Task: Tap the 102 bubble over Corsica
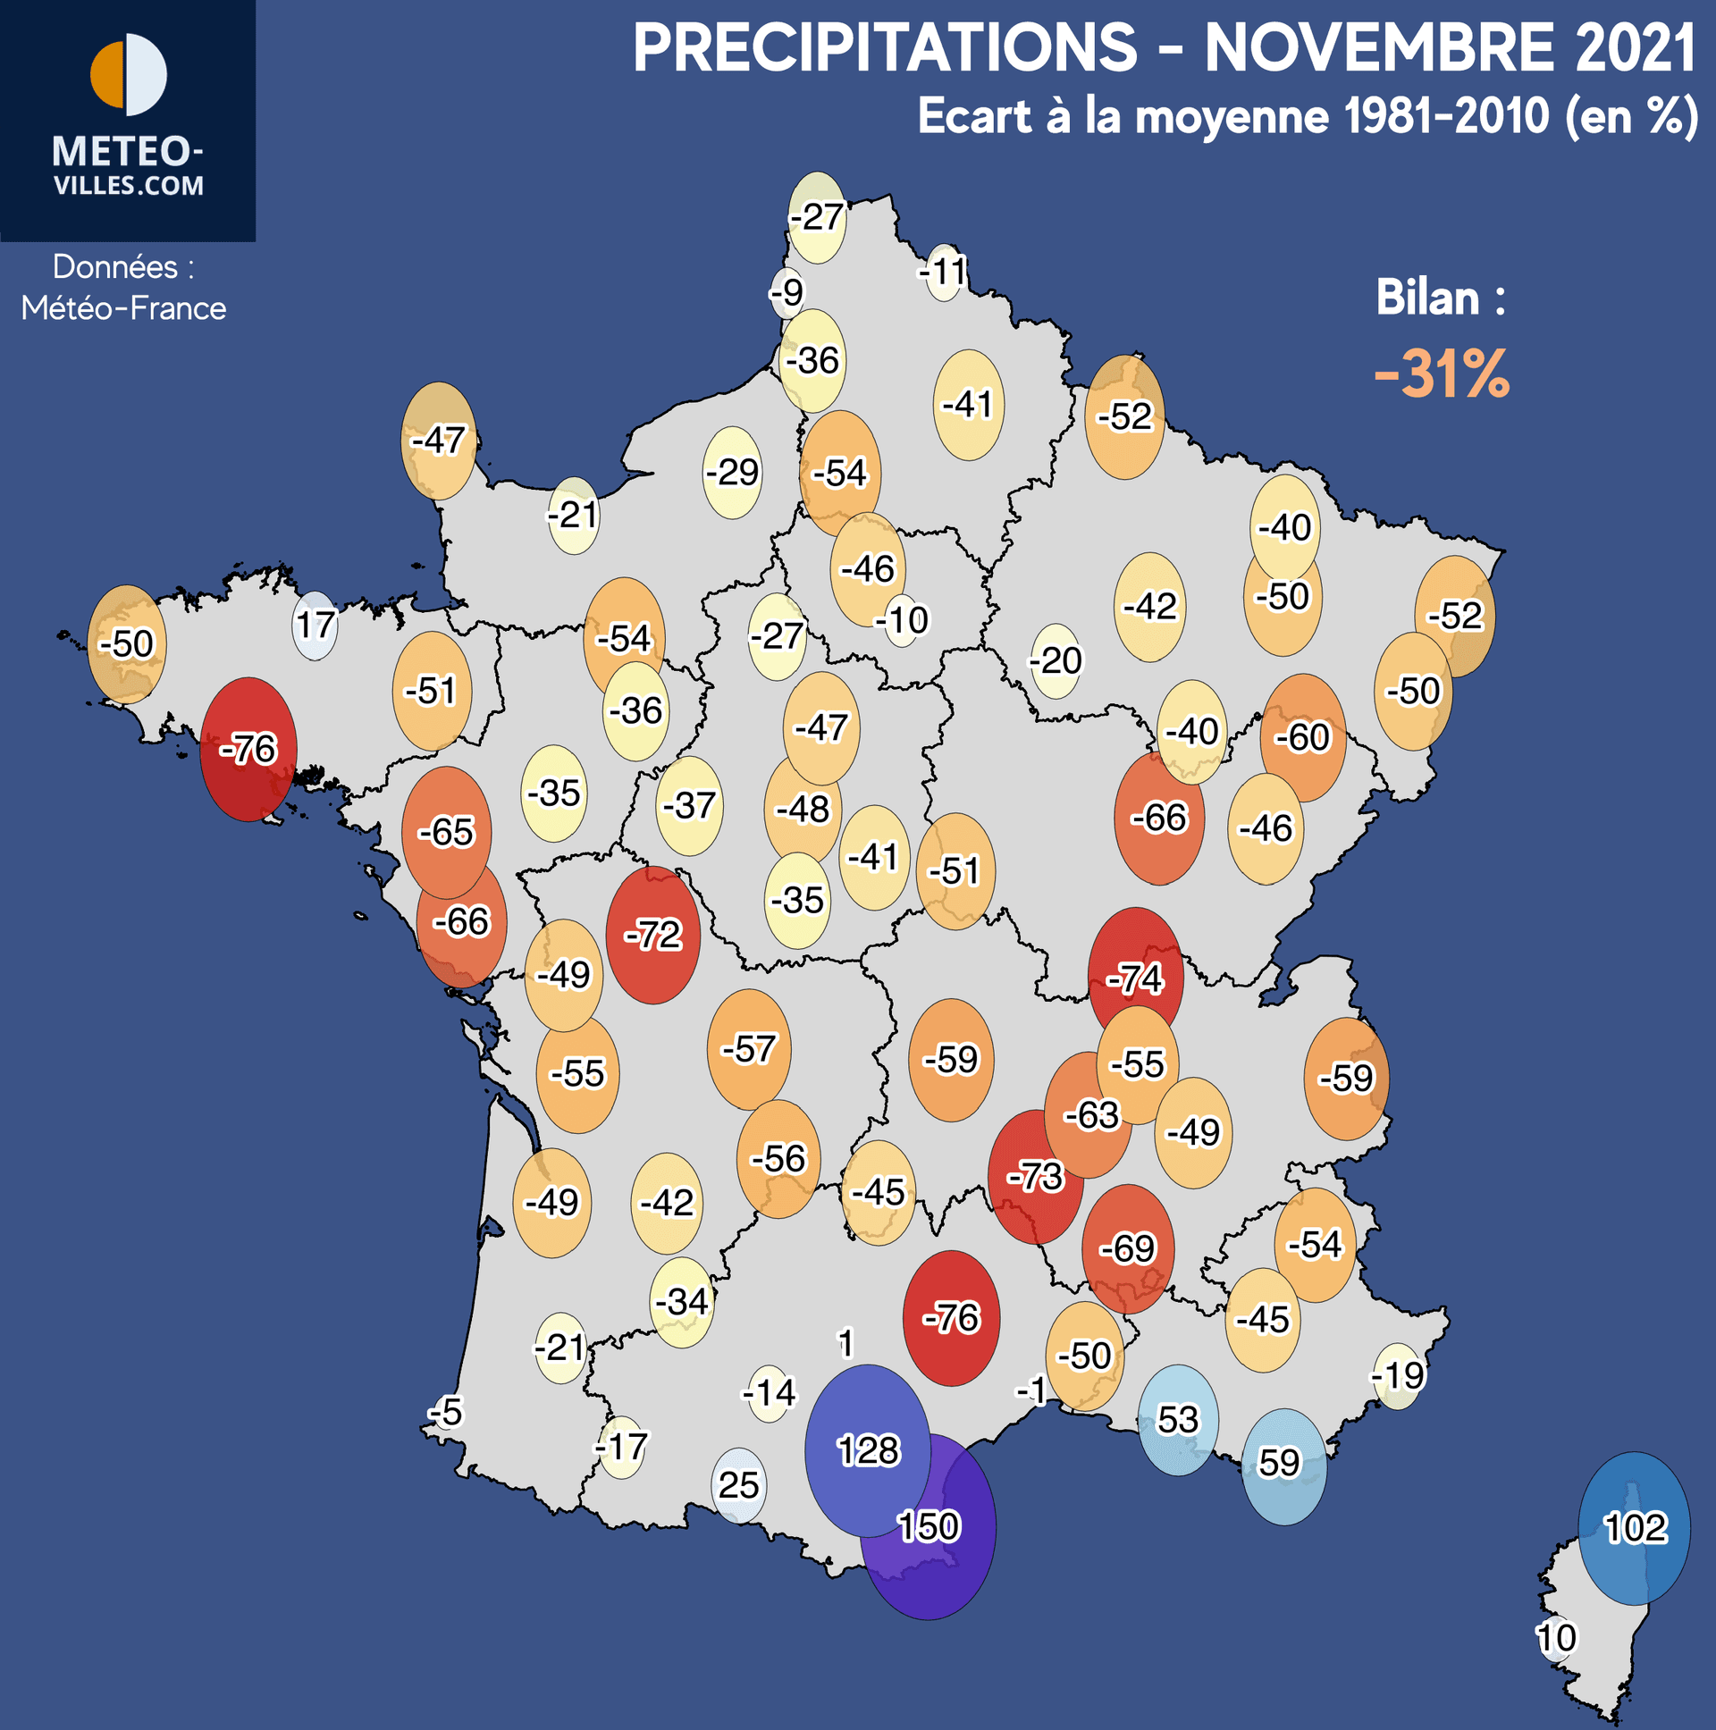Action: [x=1634, y=1528]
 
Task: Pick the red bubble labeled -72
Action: [x=653, y=935]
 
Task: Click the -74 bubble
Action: [x=1135, y=978]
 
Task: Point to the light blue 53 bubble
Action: [x=1177, y=1420]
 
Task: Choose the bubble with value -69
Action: [x=1128, y=1248]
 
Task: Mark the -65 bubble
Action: [x=446, y=832]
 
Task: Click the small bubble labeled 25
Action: [x=739, y=1485]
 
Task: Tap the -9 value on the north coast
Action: [x=787, y=292]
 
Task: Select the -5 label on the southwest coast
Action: [x=445, y=1412]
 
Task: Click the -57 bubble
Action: [x=749, y=1048]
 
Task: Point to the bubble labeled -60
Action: [x=1302, y=737]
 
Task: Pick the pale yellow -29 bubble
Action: [x=732, y=472]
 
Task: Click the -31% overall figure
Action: [x=1442, y=374]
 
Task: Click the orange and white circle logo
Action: [x=128, y=75]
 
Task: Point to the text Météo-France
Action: [x=123, y=308]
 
